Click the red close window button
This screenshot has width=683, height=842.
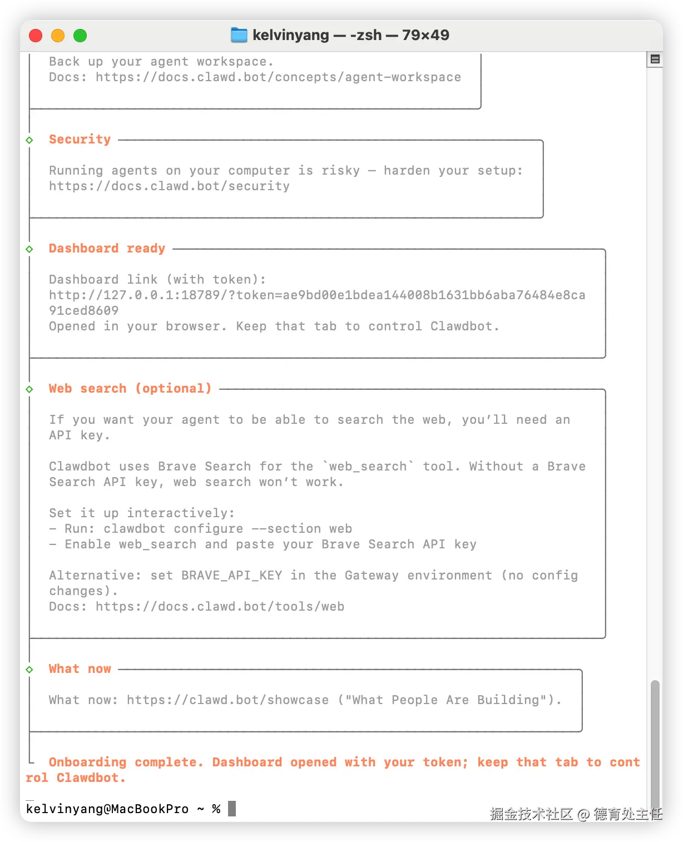click(x=36, y=36)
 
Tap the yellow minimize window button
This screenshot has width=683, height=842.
click(x=58, y=36)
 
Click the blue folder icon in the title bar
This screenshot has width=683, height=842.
click(x=239, y=35)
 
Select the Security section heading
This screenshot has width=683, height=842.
click(x=80, y=140)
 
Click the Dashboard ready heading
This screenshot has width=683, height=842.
click(x=107, y=249)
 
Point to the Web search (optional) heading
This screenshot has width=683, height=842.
click(x=130, y=389)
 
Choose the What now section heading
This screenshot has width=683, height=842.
click(x=80, y=669)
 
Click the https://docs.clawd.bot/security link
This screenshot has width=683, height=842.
click(x=169, y=186)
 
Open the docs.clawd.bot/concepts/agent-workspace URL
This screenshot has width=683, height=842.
click(x=278, y=77)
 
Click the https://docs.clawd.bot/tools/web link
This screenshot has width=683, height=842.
click(x=220, y=607)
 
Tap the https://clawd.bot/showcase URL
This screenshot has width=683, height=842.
click(x=227, y=700)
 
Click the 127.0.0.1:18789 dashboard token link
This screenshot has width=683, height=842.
click(x=317, y=295)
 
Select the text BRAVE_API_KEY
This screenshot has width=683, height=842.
click(x=231, y=576)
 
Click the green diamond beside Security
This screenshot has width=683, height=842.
click(x=29, y=140)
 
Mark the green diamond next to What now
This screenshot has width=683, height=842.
click(x=29, y=670)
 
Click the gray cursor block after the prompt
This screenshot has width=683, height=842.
click(x=232, y=809)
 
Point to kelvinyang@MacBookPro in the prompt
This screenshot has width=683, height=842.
click(x=107, y=809)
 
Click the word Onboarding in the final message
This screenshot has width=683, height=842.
click(x=87, y=762)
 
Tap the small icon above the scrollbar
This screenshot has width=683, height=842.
click(x=655, y=59)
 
